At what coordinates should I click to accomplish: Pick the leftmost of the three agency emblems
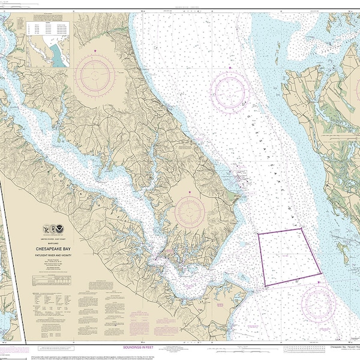(48, 229)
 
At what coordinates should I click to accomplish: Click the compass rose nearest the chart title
(190, 212)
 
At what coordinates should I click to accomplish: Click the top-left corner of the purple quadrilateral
(259, 234)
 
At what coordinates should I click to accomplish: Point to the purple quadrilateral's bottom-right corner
(320, 275)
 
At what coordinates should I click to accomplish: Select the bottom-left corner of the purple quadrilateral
(266, 286)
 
